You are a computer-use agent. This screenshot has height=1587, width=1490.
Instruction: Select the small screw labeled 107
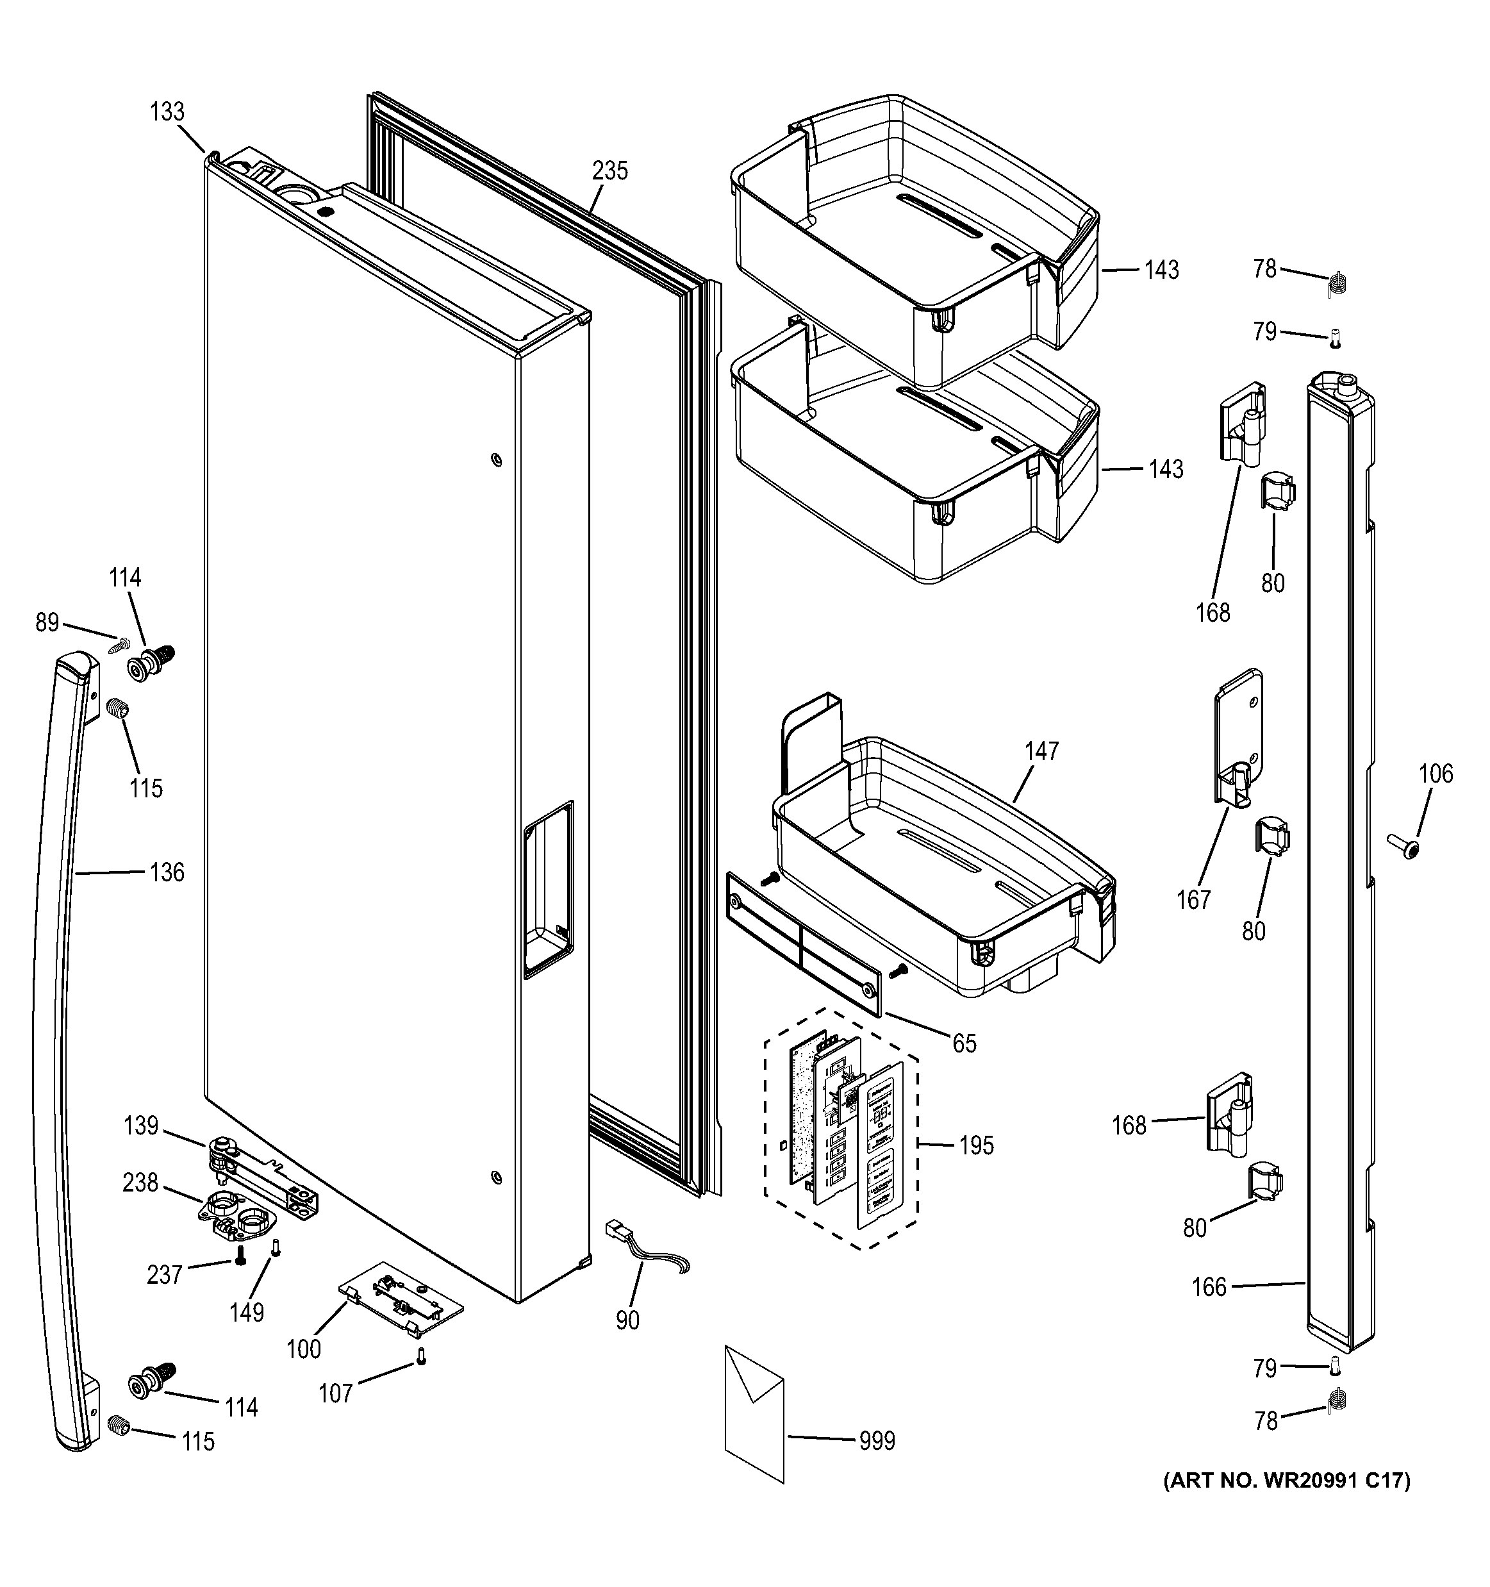tap(422, 1356)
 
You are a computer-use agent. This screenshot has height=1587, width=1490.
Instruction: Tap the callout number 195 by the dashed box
tap(976, 1145)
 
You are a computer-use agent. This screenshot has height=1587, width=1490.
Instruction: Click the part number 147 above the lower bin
tap(1041, 751)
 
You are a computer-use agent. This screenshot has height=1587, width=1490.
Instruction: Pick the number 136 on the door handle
tap(167, 872)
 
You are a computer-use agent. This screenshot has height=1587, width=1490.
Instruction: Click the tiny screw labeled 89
tap(123, 641)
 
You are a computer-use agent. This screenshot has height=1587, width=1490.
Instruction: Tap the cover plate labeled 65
tap(804, 944)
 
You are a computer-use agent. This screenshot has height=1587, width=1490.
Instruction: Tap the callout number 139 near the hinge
tap(140, 1126)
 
